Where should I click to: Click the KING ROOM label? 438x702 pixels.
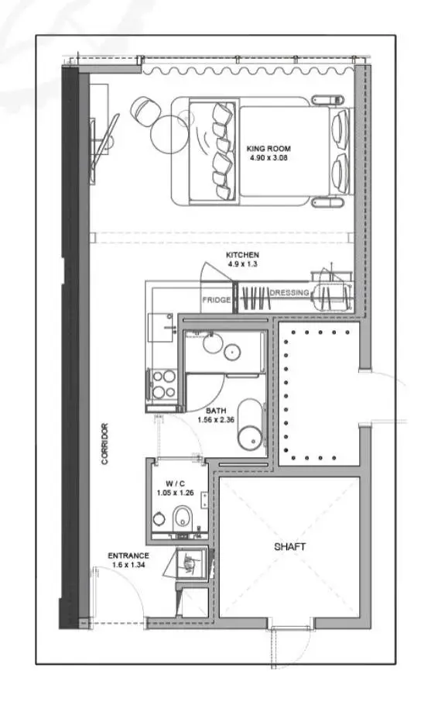269,148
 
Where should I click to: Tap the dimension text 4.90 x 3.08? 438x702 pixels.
269,157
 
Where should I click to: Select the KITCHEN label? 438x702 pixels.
242,255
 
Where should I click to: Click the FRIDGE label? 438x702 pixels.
217,300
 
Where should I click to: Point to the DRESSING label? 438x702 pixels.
289,293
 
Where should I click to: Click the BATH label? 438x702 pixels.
216,410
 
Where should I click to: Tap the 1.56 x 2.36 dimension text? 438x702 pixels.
216,419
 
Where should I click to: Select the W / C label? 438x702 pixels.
175,483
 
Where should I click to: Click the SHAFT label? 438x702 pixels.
289,547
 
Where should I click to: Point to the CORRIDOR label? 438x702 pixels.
104,444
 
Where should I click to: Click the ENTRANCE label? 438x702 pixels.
128,556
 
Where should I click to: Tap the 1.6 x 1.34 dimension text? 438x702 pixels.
128,565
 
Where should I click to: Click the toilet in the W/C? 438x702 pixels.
182,517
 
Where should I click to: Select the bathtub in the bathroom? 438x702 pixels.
250,425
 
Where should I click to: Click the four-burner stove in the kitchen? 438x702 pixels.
163,384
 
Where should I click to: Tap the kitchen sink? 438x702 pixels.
161,328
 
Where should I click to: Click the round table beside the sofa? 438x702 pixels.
169,134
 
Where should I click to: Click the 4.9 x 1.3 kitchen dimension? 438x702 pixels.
242,264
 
